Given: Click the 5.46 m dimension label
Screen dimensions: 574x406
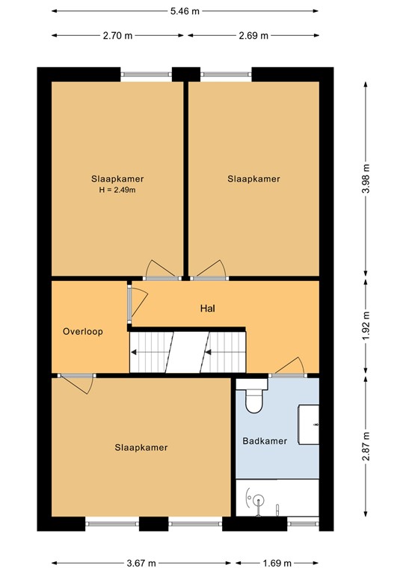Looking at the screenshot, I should pyautogui.click(x=185, y=11).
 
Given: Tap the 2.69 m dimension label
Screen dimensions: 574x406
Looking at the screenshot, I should pyautogui.click(x=253, y=35).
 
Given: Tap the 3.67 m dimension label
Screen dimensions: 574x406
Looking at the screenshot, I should pyautogui.click(x=141, y=561).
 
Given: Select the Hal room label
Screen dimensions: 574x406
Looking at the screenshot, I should pyautogui.click(x=208, y=308).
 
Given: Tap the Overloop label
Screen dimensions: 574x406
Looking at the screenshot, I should pyautogui.click(x=83, y=331).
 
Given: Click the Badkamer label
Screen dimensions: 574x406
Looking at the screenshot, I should pyautogui.click(x=265, y=441).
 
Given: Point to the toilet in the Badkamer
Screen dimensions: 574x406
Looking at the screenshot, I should pyautogui.click(x=253, y=398).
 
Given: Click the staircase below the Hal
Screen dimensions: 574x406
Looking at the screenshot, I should pyautogui.click(x=187, y=351).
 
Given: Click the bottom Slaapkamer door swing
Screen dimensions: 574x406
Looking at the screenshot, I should pyautogui.click(x=76, y=384).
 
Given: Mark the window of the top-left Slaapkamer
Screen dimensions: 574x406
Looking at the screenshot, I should pyautogui.click(x=147, y=73).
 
